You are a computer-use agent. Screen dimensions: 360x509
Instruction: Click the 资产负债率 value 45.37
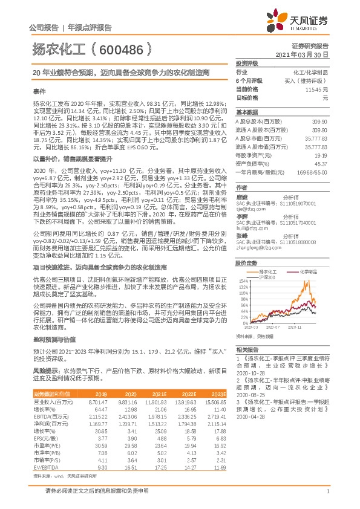320,163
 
